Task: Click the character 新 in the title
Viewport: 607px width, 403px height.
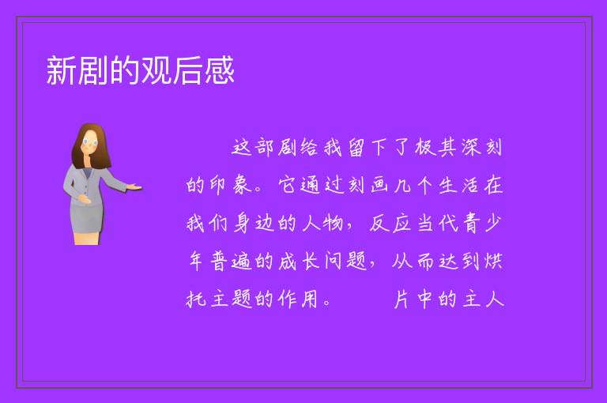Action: (x=62, y=70)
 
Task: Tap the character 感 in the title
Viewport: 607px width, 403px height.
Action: (x=220, y=70)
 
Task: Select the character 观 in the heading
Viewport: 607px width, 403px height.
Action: (x=156, y=70)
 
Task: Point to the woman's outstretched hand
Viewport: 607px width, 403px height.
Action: (x=134, y=188)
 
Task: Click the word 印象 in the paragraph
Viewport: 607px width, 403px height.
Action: (x=230, y=186)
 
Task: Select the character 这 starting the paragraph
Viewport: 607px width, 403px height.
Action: (x=242, y=148)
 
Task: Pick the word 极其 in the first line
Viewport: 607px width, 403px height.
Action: (x=435, y=148)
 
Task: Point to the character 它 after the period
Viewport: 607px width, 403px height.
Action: (x=288, y=186)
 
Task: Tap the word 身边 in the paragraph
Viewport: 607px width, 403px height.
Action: (x=254, y=224)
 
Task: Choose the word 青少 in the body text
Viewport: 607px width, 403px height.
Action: (x=482, y=224)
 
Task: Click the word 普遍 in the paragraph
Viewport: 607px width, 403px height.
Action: (x=231, y=261)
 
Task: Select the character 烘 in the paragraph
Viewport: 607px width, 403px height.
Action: (x=493, y=261)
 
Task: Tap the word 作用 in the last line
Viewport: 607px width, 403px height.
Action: (x=298, y=299)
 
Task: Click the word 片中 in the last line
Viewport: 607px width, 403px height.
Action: (x=413, y=299)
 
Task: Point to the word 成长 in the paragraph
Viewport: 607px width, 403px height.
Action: (x=299, y=261)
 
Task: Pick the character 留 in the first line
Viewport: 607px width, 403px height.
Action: (x=356, y=148)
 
